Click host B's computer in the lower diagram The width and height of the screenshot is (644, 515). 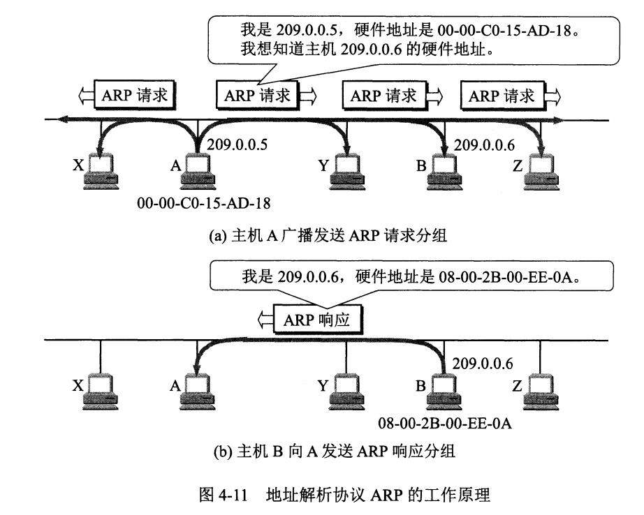pyautogui.click(x=443, y=391)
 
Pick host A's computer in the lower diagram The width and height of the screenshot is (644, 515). pyautogui.click(x=197, y=391)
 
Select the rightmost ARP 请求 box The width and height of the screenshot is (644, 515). pyautogui.click(x=502, y=96)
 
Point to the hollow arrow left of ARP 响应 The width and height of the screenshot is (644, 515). pyautogui.click(x=265, y=320)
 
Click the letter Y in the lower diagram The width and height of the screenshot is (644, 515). pyautogui.click(x=322, y=385)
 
